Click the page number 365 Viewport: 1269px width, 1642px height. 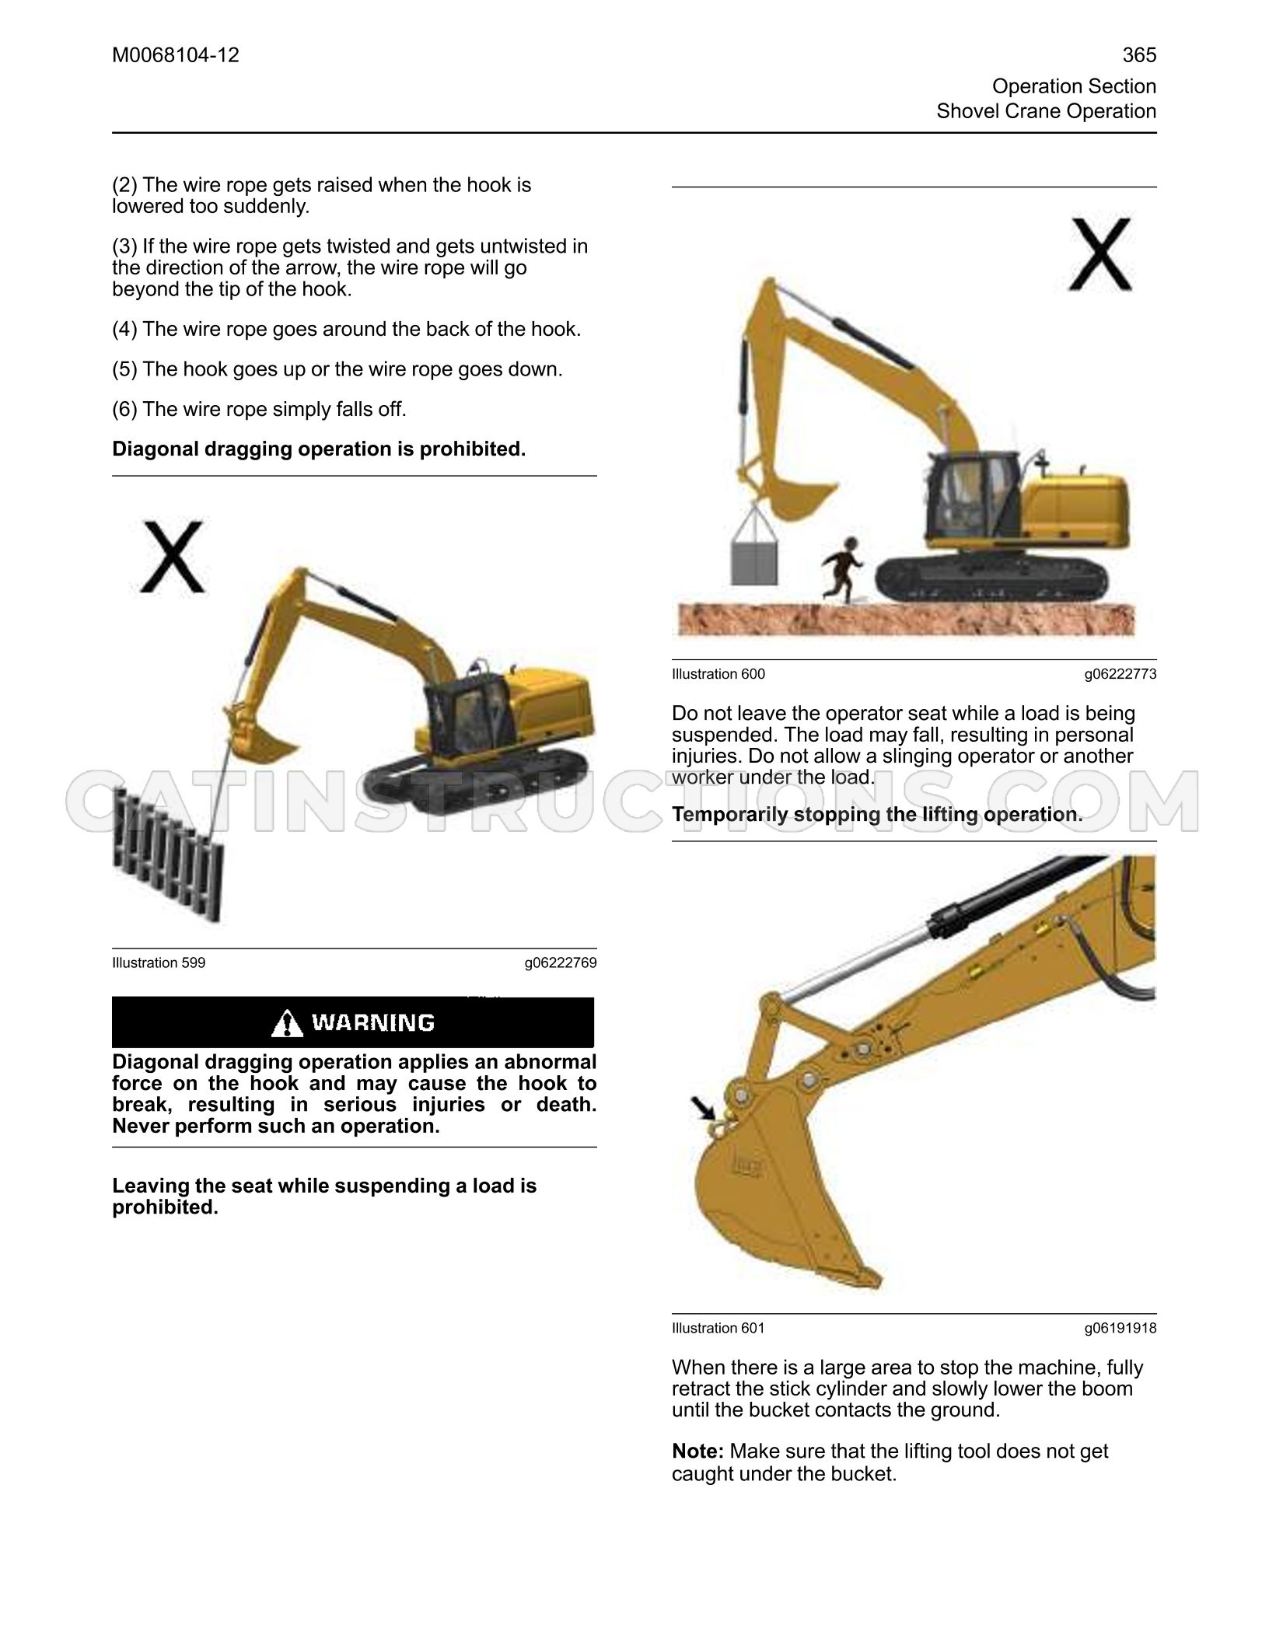(x=1139, y=55)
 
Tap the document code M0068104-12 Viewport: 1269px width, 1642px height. (x=176, y=55)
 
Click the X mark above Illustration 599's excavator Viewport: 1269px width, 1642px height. (x=173, y=557)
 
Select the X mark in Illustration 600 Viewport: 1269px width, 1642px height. (x=1099, y=254)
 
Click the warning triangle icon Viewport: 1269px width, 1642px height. (x=288, y=1023)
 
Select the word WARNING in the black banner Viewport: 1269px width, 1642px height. (x=373, y=1022)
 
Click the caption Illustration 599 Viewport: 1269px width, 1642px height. (x=159, y=963)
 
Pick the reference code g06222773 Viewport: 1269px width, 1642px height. (x=1120, y=674)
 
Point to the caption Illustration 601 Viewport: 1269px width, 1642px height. (x=718, y=1329)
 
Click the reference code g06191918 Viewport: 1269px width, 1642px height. (x=1120, y=1329)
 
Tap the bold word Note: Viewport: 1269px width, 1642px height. (x=698, y=1452)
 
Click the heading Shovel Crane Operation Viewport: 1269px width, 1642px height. (x=1047, y=111)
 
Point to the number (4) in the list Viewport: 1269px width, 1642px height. (x=125, y=330)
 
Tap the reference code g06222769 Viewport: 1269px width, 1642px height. (x=561, y=963)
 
